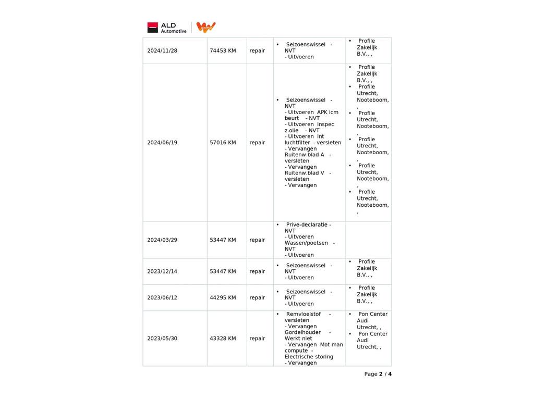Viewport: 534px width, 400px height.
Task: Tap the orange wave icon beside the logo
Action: coord(206,28)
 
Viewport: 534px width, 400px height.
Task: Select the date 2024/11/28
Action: coord(162,51)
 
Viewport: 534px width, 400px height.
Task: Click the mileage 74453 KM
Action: coord(223,51)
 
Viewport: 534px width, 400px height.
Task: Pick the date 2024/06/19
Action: coord(162,143)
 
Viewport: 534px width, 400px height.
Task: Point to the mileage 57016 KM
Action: coord(223,143)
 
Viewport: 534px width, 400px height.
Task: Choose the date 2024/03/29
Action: coord(162,240)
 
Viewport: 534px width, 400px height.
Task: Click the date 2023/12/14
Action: coord(162,272)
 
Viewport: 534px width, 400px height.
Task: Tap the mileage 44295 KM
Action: coord(223,298)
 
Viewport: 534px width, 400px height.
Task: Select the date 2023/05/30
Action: coord(162,339)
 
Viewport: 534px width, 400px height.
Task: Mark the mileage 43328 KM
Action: coord(223,339)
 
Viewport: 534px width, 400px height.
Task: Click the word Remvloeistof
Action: coord(304,315)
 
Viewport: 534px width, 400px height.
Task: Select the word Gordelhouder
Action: coord(302,333)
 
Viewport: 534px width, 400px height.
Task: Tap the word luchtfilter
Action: coord(297,143)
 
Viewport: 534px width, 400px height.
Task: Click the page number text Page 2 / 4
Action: coord(378,374)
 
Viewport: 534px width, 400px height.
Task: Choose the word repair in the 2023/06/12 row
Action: coord(257,298)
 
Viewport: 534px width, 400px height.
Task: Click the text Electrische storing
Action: coord(309,357)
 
